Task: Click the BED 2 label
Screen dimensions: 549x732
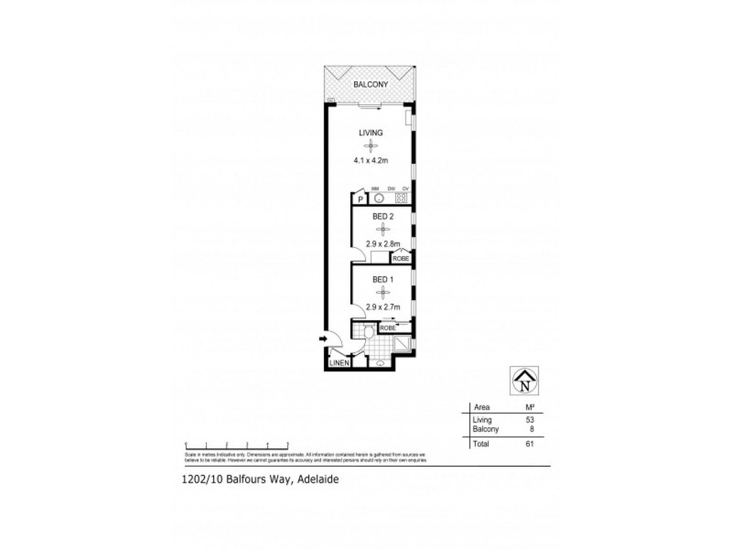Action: point(382,216)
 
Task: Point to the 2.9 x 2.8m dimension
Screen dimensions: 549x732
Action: point(382,245)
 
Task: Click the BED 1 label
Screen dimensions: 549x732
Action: point(382,279)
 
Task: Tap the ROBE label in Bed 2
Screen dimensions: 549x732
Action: point(400,259)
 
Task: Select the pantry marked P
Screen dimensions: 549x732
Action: point(361,199)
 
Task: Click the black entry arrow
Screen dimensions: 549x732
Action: point(323,340)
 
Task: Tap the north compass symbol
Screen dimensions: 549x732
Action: point(524,379)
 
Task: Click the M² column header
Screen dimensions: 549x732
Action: point(527,406)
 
